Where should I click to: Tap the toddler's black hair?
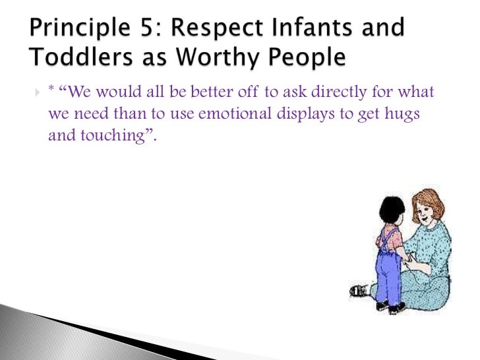point(392,211)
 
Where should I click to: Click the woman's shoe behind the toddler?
point(359,289)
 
